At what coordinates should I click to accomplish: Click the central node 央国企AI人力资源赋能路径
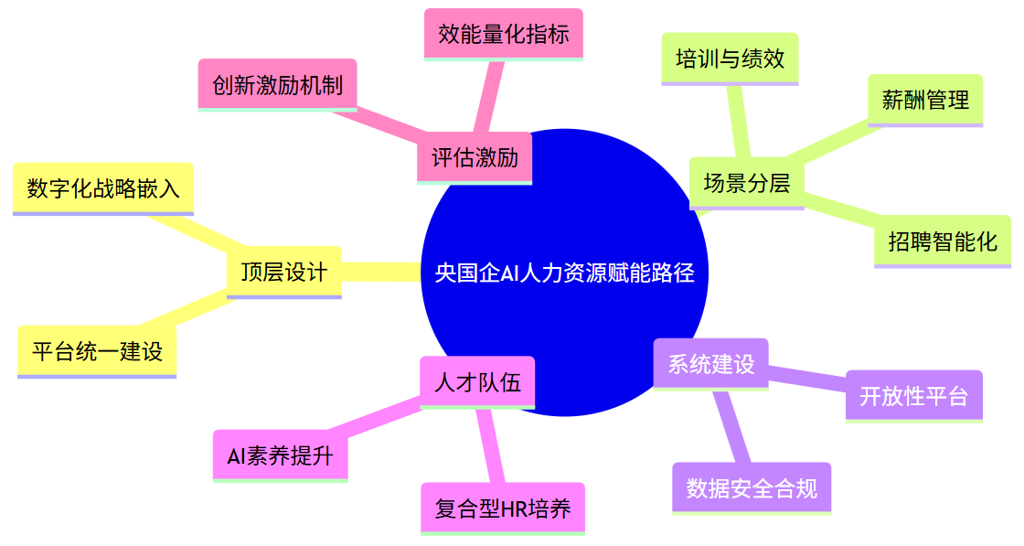[x=564, y=273]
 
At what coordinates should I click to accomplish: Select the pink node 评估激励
[x=475, y=157]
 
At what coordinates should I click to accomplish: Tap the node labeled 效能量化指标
[x=504, y=35]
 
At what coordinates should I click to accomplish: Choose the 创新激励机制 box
[x=277, y=85]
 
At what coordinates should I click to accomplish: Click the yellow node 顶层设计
[x=283, y=272]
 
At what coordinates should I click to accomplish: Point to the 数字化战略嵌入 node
[x=103, y=188]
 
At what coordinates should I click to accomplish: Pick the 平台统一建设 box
[x=97, y=351]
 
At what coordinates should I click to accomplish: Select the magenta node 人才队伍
[x=477, y=382]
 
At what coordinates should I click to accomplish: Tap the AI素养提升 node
[x=280, y=456]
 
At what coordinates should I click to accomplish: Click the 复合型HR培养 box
[x=503, y=509]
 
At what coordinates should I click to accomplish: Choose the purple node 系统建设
[x=710, y=364]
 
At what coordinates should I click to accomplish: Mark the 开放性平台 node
[x=913, y=396]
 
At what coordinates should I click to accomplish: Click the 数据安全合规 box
[x=752, y=488]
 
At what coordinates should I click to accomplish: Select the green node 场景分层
[x=746, y=183]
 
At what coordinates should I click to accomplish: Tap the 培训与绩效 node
[x=730, y=59]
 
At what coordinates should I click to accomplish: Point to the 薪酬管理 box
[x=925, y=100]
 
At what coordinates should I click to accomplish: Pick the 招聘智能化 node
[x=942, y=241]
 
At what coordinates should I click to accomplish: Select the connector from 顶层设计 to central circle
[x=382, y=272]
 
